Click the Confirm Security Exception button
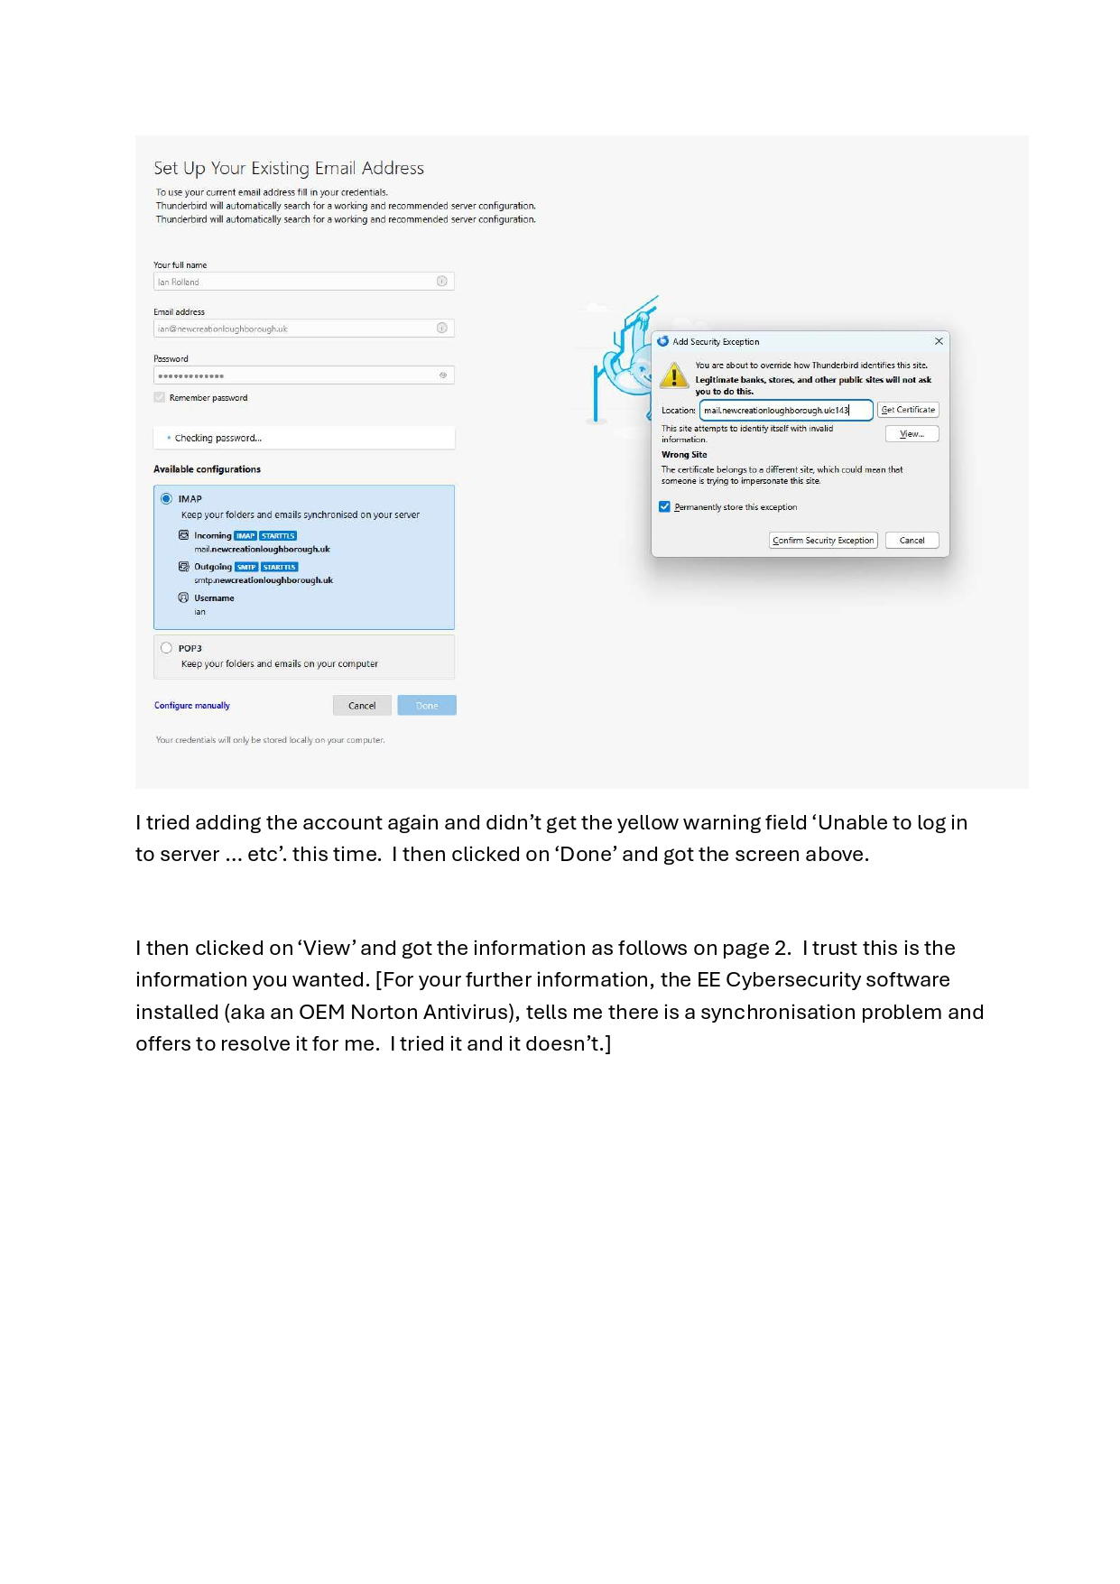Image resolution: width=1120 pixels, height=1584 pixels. click(x=823, y=541)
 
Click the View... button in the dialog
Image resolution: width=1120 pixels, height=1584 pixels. click(x=912, y=434)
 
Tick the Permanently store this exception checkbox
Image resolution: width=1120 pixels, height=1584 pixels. click(x=665, y=507)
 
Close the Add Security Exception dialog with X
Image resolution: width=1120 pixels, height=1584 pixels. click(x=939, y=341)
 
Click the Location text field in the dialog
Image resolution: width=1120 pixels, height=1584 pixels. click(x=785, y=411)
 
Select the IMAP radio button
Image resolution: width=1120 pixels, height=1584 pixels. click(x=166, y=499)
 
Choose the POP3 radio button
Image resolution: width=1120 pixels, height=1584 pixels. click(x=166, y=648)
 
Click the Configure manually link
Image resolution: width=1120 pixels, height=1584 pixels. click(x=191, y=706)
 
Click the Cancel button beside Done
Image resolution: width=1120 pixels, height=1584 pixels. click(x=362, y=706)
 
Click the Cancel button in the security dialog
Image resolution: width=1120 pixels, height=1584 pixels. click(x=912, y=541)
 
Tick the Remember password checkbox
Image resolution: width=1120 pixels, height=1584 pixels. click(x=160, y=398)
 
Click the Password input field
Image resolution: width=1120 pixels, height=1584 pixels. click(x=298, y=375)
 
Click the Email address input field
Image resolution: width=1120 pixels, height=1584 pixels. click(x=298, y=329)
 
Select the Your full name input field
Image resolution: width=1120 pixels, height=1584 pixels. click(x=298, y=282)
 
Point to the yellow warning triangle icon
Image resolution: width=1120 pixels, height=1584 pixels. click(x=674, y=375)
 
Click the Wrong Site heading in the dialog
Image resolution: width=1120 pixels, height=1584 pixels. click(x=684, y=455)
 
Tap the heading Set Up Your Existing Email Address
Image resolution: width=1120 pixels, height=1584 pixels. click(x=289, y=169)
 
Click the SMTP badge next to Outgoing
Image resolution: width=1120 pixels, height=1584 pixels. click(x=246, y=568)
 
